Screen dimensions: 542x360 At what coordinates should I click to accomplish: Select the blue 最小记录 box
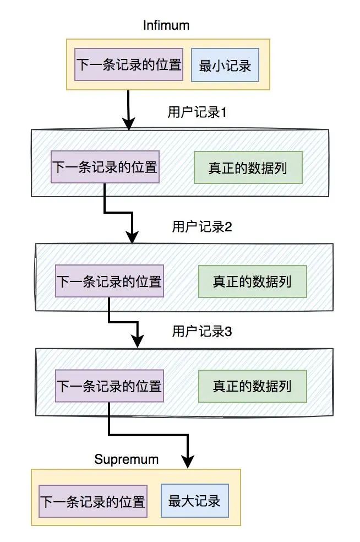pos(225,66)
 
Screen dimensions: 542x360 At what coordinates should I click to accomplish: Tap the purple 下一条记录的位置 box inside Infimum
pos(128,64)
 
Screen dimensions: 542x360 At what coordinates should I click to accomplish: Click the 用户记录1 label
pos(197,112)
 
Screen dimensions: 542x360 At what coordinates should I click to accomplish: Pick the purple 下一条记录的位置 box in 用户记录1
pos(105,167)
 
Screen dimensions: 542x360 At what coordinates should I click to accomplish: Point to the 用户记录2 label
pos(201,226)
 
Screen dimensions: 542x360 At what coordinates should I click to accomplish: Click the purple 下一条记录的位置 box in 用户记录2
pos(109,281)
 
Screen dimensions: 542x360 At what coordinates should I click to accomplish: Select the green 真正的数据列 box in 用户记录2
pos(252,281)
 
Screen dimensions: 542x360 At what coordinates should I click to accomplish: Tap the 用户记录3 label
pos(201,331)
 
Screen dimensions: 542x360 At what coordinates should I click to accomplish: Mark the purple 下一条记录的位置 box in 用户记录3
pos(109,386)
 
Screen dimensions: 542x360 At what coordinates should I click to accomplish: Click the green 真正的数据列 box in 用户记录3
pos(252,386)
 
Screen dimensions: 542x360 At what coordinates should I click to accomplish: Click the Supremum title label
pos(126,459)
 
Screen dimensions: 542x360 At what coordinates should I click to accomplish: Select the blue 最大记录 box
pos(194,501)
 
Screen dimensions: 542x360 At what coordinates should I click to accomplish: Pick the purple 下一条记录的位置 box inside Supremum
pos(92,501)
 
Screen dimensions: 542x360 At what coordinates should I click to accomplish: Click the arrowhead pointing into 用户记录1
pos(128,124)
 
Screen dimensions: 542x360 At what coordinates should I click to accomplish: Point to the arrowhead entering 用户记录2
pos(133,237)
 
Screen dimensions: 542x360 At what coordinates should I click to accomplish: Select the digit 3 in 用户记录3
pos(228,331)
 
